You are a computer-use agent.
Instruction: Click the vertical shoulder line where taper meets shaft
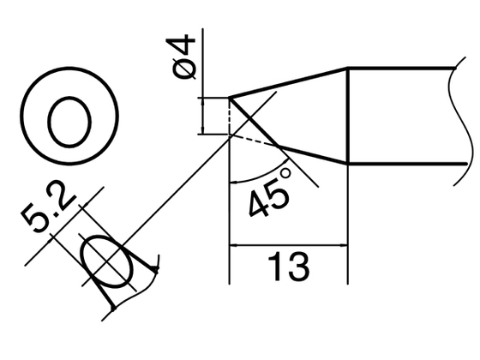pyautogui.click(x=347, y=116)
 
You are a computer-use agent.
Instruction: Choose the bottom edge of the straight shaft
pyautogui.click(x=403, y=163)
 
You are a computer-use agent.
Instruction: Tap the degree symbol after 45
pyautogui.click(x=285, y=176)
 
